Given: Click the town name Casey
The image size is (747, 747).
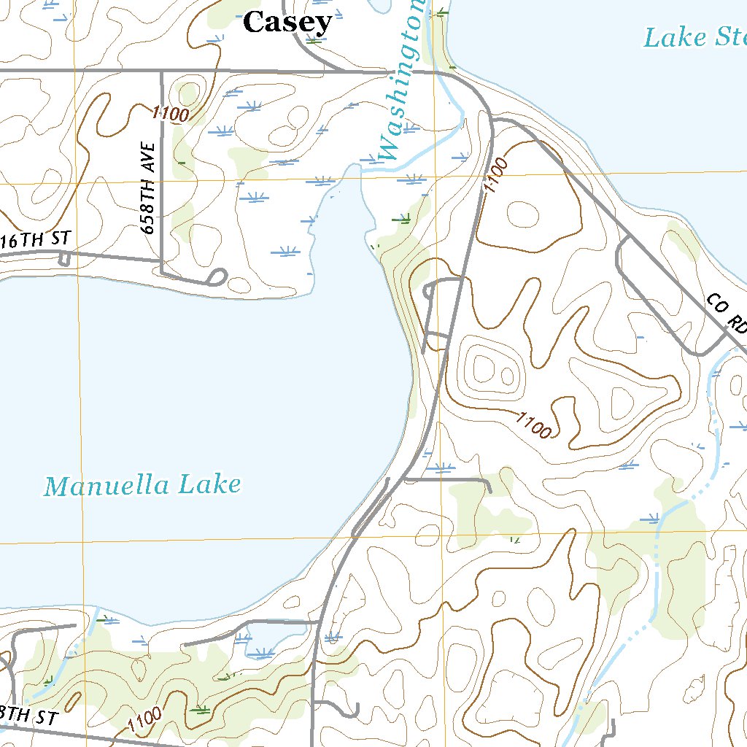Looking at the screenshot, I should (287, 23).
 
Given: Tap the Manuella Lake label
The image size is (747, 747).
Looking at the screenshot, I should (142, 485).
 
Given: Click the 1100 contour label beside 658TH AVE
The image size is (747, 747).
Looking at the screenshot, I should (171, 113).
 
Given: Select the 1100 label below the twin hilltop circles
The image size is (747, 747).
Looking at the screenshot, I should (533, 425).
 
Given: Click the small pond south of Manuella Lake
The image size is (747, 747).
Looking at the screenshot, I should (262, 643).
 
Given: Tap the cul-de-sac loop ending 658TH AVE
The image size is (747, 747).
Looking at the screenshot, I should (217, 276).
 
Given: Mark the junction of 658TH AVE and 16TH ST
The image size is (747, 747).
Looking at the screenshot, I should (160, 259).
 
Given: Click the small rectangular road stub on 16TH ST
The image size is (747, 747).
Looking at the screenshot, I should (63, 259).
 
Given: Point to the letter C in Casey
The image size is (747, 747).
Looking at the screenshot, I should (253, 22).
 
